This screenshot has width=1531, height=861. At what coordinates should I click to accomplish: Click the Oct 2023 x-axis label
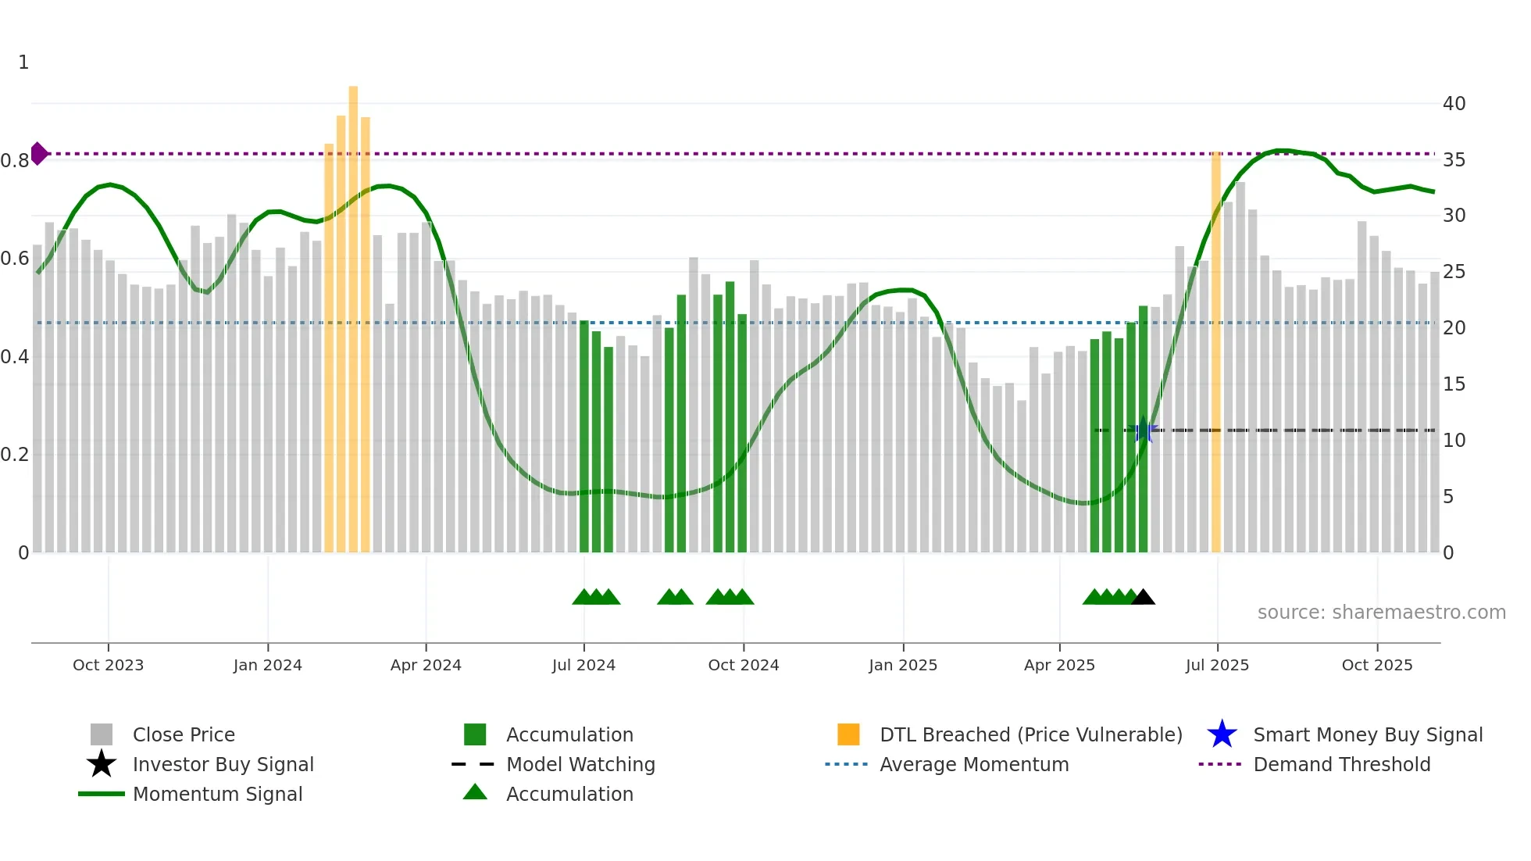(x=108, y=665)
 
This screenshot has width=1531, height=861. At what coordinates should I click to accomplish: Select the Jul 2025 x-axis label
(x=1217, y=665)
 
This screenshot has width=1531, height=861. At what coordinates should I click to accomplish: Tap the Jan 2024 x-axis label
(x=267, y=665)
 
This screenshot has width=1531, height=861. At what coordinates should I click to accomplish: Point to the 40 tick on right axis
(x=1454, y=103)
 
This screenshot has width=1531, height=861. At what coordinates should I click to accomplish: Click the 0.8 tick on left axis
(x=15, y=161)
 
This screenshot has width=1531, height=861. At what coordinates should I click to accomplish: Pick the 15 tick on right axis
(x=1454, y=384)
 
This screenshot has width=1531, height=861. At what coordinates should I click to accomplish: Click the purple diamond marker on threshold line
(x=38, y=154)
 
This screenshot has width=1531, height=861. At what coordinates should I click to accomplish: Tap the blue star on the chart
(x=1143, y=430)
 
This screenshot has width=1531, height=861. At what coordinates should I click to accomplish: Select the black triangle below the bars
(x=1143, y=598)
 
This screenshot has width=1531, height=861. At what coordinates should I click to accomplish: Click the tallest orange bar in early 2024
(x=353, y=313)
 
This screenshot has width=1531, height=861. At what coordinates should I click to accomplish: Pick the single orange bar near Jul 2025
(x=1216, y=352)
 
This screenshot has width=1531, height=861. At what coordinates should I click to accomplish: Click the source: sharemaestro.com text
(x=1381, y=613)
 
